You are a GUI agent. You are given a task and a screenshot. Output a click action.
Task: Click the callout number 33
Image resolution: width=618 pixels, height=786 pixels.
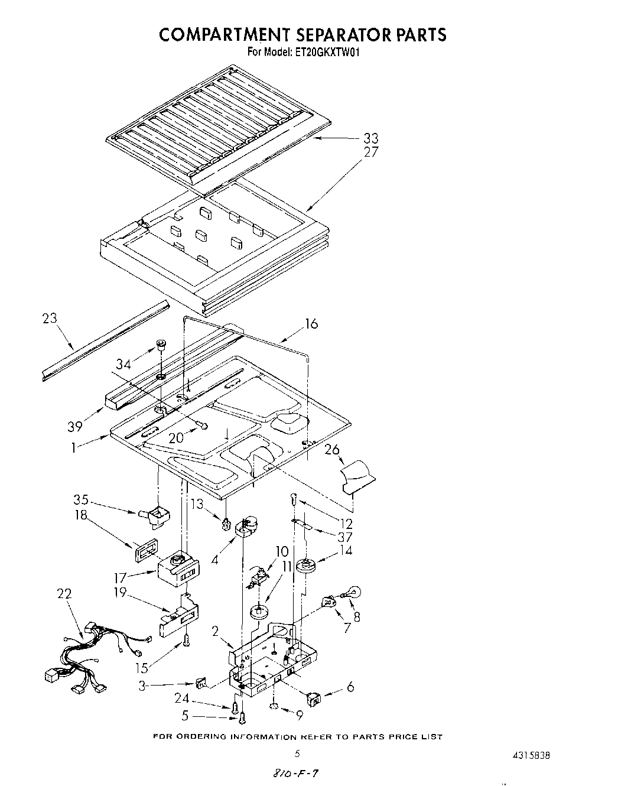[x=370, y=138]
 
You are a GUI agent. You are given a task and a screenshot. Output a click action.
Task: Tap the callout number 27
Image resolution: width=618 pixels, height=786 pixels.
[x=370, y=152]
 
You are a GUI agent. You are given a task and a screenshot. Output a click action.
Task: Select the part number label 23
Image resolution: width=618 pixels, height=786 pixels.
[x=50, y=318]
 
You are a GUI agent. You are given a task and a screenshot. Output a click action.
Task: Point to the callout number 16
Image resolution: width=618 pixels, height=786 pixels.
[x=311, y=323]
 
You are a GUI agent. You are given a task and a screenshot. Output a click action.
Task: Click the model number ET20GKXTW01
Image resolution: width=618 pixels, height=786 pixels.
[x=327, y=52]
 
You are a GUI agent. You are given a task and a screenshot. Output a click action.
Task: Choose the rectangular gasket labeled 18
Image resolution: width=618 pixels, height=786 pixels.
[x=144, y=552]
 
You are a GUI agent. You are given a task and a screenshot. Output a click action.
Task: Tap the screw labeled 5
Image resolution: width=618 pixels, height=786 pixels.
[x=242, y=717]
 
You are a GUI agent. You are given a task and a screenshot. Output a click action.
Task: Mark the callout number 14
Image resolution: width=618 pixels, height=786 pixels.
[x=345, y=551]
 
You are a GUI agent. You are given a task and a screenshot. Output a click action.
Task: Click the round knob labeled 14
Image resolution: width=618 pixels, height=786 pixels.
[x=307, y=566]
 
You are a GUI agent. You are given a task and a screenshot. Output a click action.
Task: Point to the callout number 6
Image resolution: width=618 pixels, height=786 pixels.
[x=350, y=687]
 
